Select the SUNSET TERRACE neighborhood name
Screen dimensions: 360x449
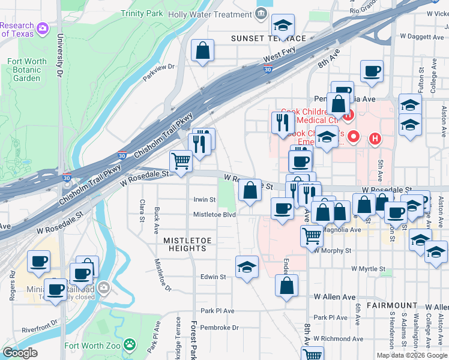pyautogui.click(x=265, y=38)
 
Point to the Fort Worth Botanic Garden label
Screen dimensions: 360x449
pyautogui.click(x=27, y=70)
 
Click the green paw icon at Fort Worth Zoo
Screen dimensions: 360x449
pyautogui.click(x=130, y=345)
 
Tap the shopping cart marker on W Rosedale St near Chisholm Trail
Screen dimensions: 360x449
pyautogui.click(x=181, y=161)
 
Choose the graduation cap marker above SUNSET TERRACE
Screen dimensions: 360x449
pyautogui.click(x=282, y=26)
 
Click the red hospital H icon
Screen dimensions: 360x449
pyautogui.click(x=375, y=139)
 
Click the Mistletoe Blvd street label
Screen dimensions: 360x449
pyautogui.click(x=214, y=214)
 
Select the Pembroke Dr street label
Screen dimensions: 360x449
pyautogui.click(x=219, y=328)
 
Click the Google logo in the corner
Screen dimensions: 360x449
pyautogui.click(x=20, y=352)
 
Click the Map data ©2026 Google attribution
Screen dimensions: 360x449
pyautogui.click(x=411, y=355)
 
